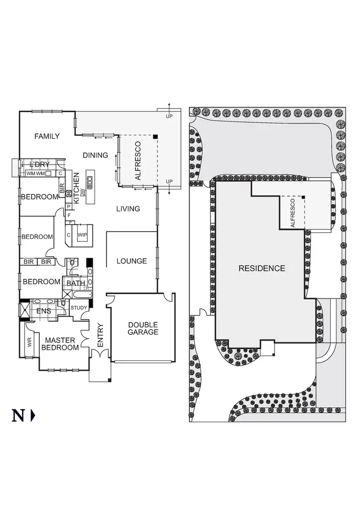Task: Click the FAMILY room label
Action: click(x=47, y=136)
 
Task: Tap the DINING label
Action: click(x=95, y=155)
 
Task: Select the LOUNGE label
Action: click(x=132, y=261)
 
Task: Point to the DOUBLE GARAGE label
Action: click(x=143, y=328)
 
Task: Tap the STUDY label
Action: click(x=79, y=308)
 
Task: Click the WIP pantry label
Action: click(x=82, y=235)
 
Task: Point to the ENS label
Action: click(x=44, y=311)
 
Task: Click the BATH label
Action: click(x=75, y=284)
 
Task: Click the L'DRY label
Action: click(x=40, y=165)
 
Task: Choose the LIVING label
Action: click(x=128, y=209)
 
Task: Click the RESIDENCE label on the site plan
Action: click(x=262, y=269)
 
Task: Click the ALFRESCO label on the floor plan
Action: click(x=138, y=161)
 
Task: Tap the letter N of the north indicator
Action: click(x=18, y=415)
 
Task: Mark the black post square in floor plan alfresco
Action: click(x=156, y=137)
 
